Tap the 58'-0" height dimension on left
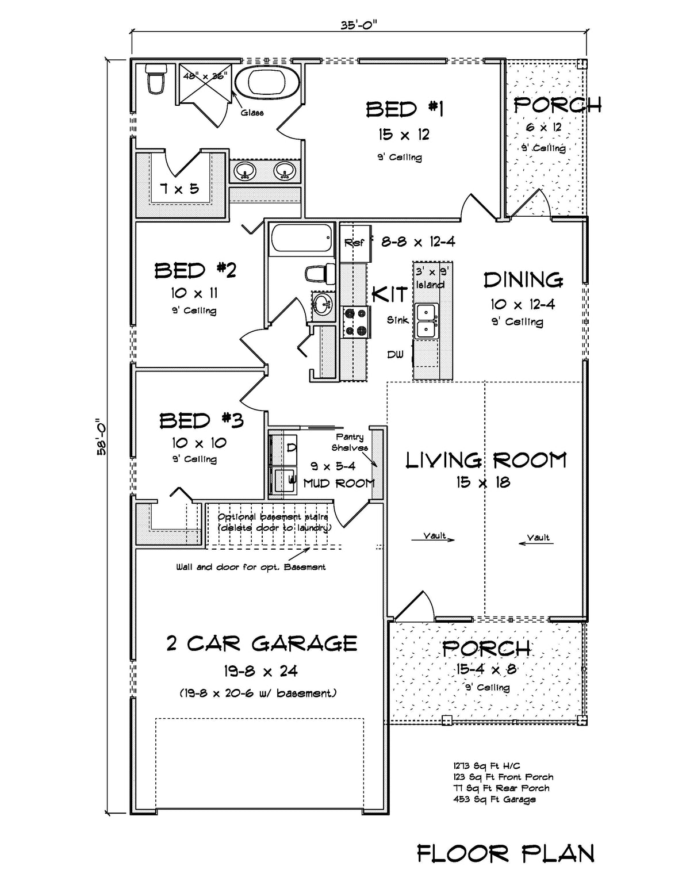click(x=101, y=436)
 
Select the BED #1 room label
click(x=404, y=109)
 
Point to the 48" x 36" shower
click(x=205, y=86)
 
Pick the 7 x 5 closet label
click(x=179, y=188)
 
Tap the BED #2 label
click(x=195, y=270)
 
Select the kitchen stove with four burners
click(x=355, y=322)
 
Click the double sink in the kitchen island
click(x=427, y=321)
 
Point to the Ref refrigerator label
click(x=354, y=243)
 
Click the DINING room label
click(x=523, y=280)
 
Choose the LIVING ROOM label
click(x=486, y=461)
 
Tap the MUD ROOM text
click(x=339, y=484)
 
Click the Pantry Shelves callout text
click(x=350, y=442)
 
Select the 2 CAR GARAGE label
click(x=262, y=643)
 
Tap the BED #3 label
click(x=201, y=421)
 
